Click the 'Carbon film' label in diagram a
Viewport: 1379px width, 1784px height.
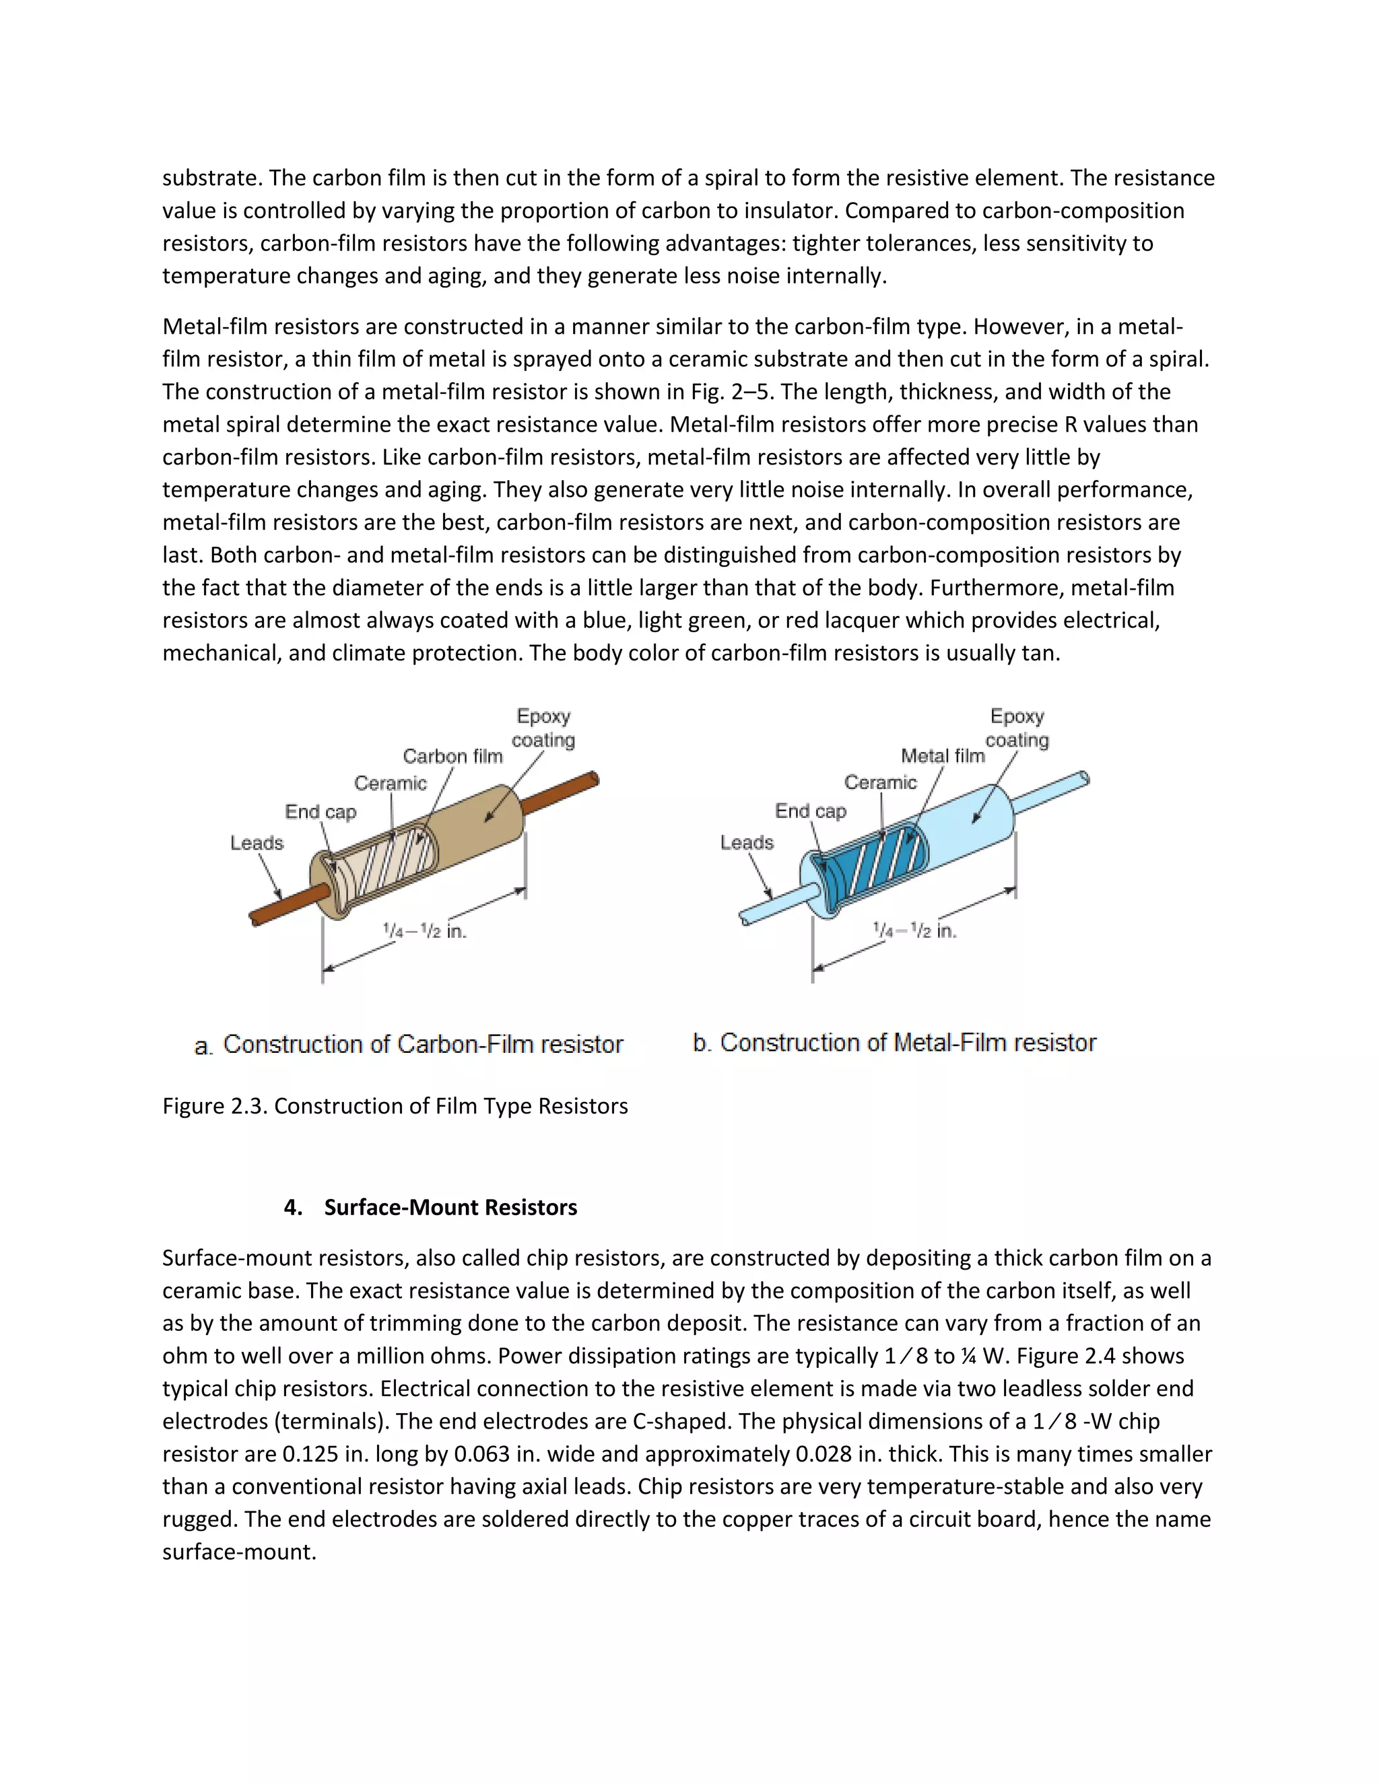[452, 757]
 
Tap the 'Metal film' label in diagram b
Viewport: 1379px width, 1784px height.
[943, 757]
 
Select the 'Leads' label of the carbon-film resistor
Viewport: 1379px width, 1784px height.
[257, 843]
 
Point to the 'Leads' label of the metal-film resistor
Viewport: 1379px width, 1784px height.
[747, 842]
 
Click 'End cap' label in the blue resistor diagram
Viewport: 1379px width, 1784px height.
[811, 811]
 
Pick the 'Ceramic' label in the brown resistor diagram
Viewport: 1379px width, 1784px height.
[391, 784]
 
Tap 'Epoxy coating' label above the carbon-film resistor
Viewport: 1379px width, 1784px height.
[543, 728]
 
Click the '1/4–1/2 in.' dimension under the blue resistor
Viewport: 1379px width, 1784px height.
[914, 930]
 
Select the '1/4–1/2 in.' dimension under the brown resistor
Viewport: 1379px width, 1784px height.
[425, 930]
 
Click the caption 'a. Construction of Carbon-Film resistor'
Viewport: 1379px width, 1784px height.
[409, 1045]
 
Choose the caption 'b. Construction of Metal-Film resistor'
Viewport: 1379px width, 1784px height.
[895, 1043]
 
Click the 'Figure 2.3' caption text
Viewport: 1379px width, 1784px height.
[395, 1106]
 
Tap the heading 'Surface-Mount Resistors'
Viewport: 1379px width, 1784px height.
[450, 1207]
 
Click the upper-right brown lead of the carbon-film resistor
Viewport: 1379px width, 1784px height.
[564, 793]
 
